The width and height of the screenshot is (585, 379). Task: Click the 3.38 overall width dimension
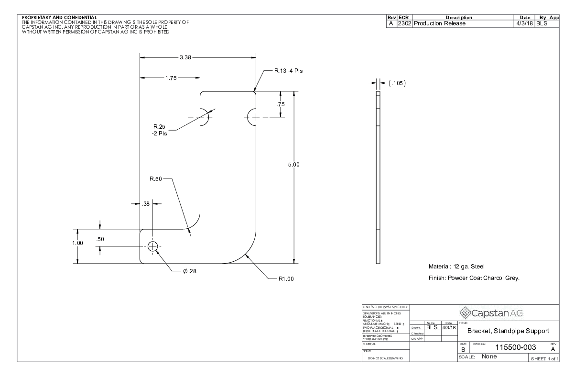click(185, 57)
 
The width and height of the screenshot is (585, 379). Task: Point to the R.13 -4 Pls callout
click(288, 70)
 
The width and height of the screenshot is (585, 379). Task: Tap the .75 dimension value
click(281, 105)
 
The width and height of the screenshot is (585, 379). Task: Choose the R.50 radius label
click(156, 179)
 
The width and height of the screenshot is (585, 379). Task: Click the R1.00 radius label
click(286, 279)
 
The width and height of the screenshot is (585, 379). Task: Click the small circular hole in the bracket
click(152, 246)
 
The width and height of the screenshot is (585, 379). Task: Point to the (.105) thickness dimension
click(397, 83)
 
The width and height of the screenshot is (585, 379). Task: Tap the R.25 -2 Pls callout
click(160, 130)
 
